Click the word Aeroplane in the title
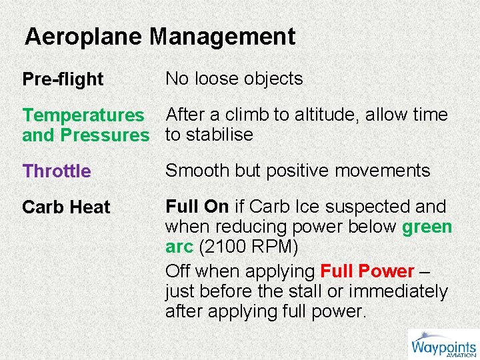84,36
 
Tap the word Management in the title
222,36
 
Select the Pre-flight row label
63,79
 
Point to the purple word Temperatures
83,115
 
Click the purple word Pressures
105,135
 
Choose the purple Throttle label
57,171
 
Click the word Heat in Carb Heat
89,207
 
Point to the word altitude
333,115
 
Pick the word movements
382,171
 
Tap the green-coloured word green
427,227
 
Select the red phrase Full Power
367,271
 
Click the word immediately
399,291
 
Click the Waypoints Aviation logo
443,346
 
